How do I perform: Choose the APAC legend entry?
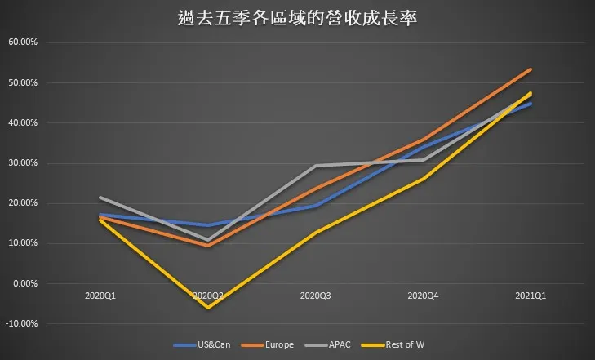pos(340,344)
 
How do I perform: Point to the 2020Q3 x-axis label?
pos(315,294)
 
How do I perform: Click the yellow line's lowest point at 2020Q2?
pos(207,307)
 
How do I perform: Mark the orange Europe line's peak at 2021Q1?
pos(531,69)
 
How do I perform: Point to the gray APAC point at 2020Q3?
pos(315,166)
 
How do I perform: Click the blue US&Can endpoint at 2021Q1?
pos(531,104)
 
